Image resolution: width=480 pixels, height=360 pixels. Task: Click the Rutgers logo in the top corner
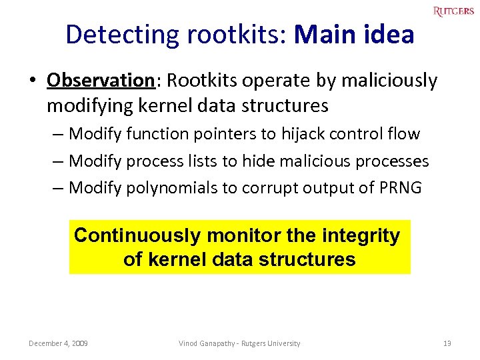pyautogui.click(x=453, y=11)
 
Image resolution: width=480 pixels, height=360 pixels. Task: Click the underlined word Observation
pyautogui.click(x=101, y=81)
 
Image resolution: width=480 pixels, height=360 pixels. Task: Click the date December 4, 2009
pyautogui.click(x=59, y=343)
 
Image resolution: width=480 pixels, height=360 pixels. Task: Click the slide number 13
pyautogui.click(x=447, y=343)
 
